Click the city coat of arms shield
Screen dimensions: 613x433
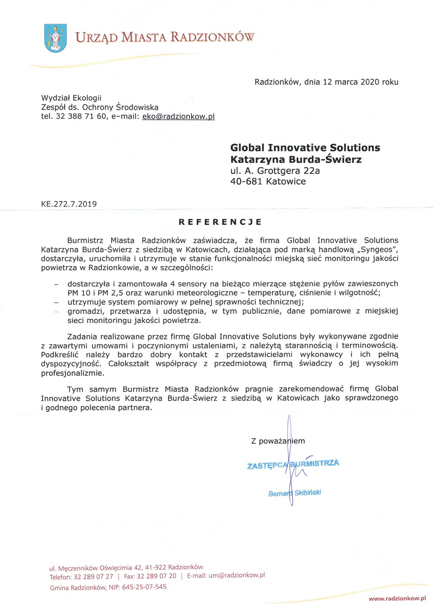click(55, 38)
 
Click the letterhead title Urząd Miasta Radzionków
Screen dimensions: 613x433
click(165, 37)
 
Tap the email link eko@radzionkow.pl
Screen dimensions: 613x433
click(178, 116)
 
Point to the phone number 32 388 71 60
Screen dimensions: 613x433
click(81, 116)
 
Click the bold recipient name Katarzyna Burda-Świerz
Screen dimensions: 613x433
click(296, 159)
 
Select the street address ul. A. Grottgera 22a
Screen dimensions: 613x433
click(275, 171)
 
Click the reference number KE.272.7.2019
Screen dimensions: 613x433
click(69, 204)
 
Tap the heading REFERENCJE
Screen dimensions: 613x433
click(220, 222)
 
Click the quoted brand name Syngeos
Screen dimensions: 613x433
click(378, 250)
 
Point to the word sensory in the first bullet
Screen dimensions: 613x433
click(192, 283)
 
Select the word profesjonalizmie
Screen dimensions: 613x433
click(73, 373)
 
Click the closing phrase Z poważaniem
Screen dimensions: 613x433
click(278, 441)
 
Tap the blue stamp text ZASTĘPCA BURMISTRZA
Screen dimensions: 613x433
click(293, 464)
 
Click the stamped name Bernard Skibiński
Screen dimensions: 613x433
click(295, 493)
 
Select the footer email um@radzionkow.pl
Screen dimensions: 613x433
click(237, 575)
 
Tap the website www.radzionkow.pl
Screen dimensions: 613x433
click(397, 598)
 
